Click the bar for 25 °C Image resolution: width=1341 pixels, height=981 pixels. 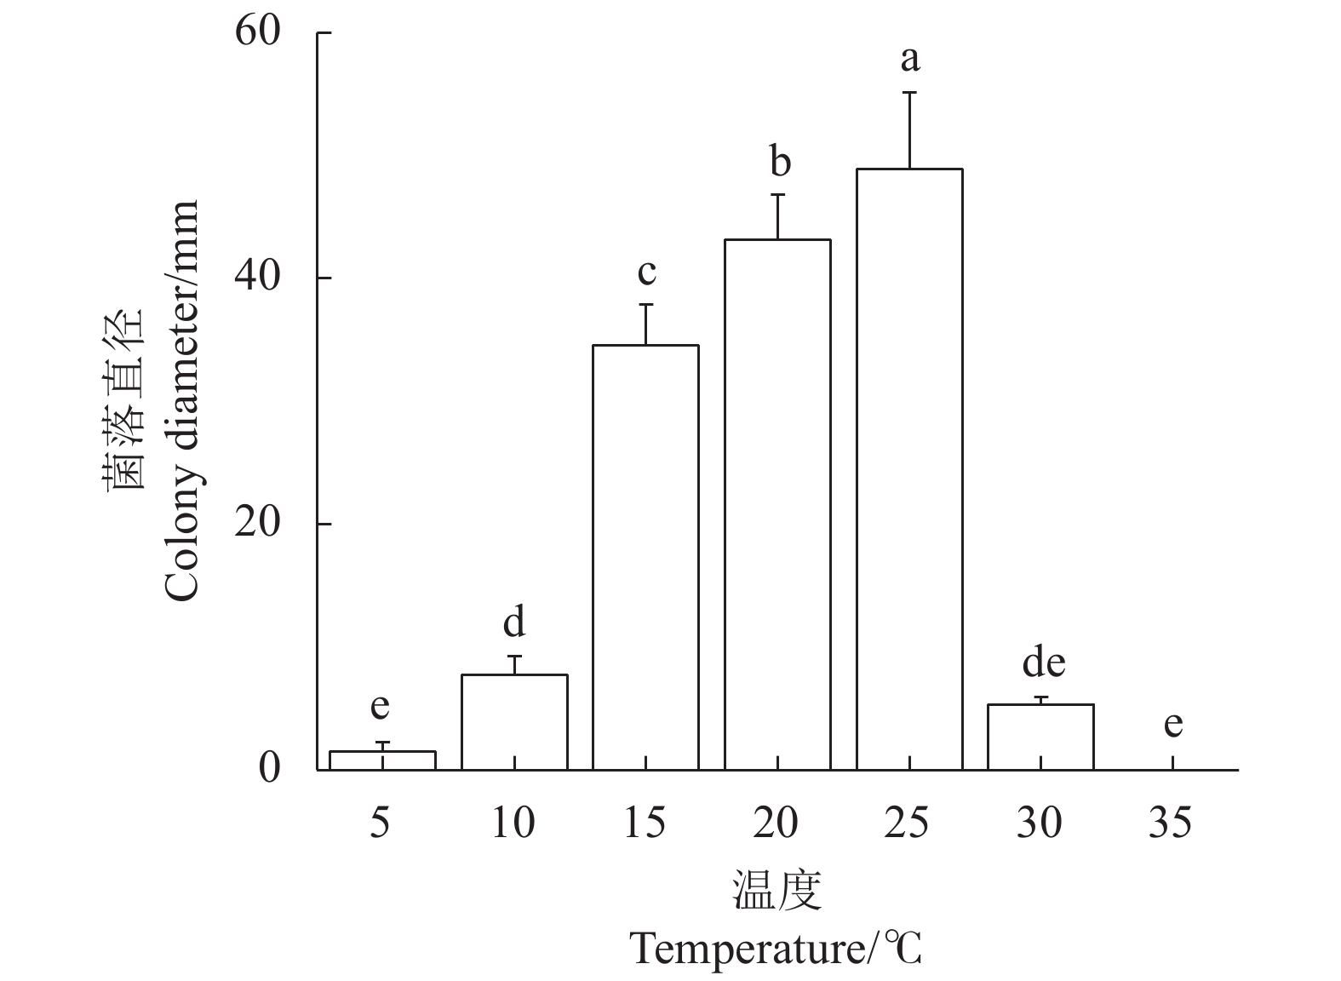pyautogui.click(x=908, y=469)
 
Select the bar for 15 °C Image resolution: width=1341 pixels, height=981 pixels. pyautogui.click(x=645, y=557)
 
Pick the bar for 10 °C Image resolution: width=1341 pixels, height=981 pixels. pyautogui.click(x=514, y=722)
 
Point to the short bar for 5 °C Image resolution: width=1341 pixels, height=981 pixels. pyautogui.click(x=382, y=760)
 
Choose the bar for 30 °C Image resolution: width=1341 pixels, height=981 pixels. pyautogui.click(x=1040, y=737)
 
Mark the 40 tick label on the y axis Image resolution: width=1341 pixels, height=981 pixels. pyautogui.click(x=258, y=278)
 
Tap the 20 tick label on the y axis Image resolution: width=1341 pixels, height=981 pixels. pyautogui.click(x=258, y=525)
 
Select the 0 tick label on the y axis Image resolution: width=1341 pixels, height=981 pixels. pyautogui.click(x=270, y=769)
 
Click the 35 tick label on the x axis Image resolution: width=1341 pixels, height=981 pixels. pyautogui.click(x=1171, y=823)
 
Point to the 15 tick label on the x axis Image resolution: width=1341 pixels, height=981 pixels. pyautogui.click(x=645, y=823)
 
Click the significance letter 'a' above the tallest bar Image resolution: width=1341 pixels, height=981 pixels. pyautogui.click(x=910, y=60)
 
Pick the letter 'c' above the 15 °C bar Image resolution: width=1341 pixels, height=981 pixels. pyautogui.click(x=647, y=272)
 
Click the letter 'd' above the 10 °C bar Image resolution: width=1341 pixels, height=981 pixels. pyautogui.click(x=514, y=622)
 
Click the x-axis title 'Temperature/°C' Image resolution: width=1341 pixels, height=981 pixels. pyautogui.click(x=776, y=949)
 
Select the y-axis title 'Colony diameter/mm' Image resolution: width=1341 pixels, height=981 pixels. pyautogui.click(x=183, y=400)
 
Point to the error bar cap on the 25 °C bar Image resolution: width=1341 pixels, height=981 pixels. pyautogui.click(x=909, y=92)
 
